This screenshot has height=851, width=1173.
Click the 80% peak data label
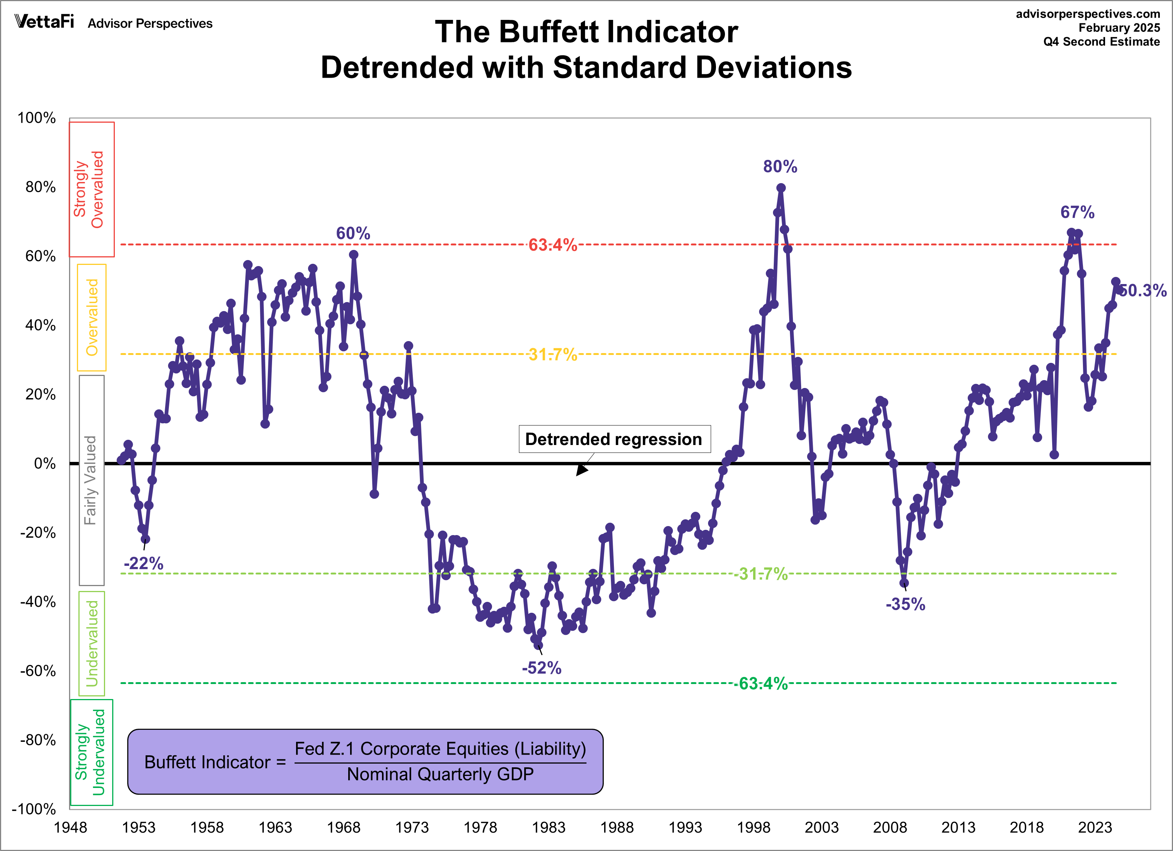(x=780, y=167)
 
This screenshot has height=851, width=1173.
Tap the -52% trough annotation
(x=541, y=668)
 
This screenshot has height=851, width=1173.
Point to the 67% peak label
(x=1077, y=212)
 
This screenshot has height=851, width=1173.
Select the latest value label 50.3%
(x=1143, y=291)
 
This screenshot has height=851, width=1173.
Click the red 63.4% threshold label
(x=552, y=245)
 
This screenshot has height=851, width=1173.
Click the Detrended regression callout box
(x=614, y=439)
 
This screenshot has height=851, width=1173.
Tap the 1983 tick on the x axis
(x=549, y=828)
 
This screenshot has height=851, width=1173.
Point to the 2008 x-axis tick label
(x=890, y=828)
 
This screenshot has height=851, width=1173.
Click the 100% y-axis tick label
(x=37, y=118)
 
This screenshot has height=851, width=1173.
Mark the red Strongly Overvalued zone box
(x=92, y=189)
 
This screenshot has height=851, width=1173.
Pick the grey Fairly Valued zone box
(x=91, y=480)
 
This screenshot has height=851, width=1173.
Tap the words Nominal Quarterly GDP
(x=440, y=774)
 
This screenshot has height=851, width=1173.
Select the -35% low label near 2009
(x=905, y=604)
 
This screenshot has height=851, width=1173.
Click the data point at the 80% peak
(x=781, y=188)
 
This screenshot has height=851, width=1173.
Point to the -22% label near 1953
(x=143, y=563)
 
